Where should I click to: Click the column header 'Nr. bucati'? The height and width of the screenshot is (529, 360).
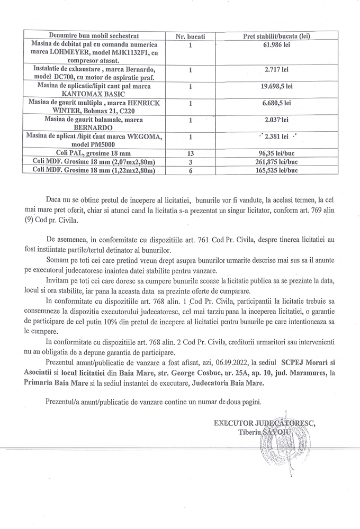(x=190, y=37)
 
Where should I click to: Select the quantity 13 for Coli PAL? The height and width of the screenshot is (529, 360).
(x=190, y=153)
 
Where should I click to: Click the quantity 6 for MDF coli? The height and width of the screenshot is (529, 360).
(x=190, y=170)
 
